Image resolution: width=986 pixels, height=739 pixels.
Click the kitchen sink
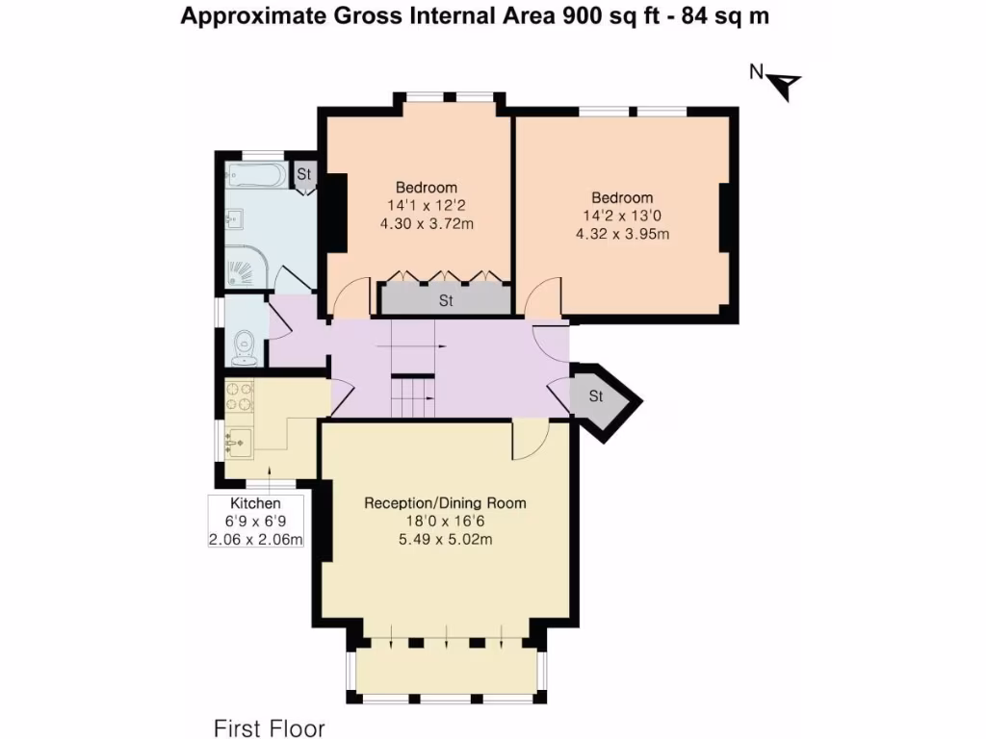(238, 444)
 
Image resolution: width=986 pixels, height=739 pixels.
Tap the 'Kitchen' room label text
(255, 503)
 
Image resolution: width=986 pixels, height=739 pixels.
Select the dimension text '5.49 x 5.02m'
(445, 539)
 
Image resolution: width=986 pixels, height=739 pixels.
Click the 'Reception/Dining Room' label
(445, 502)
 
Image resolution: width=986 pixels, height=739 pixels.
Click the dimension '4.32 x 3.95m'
(622, 234)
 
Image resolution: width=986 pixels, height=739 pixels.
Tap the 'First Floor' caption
(269, 727)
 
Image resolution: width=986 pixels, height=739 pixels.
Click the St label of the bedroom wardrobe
(446, 300)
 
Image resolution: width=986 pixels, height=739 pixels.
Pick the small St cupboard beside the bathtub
(304, 174)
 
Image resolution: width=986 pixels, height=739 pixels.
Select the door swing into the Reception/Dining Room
(528, 440)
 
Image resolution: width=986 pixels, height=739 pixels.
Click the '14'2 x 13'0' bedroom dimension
(622, 217)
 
